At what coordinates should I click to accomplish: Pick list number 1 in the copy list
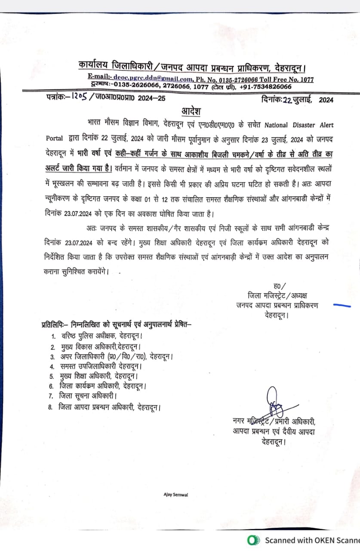pos(53,336)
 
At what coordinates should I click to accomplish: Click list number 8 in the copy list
pos(50,406)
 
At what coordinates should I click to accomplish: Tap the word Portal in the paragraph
pos(55,139)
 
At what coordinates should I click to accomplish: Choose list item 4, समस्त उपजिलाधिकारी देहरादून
pos(101,366)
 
